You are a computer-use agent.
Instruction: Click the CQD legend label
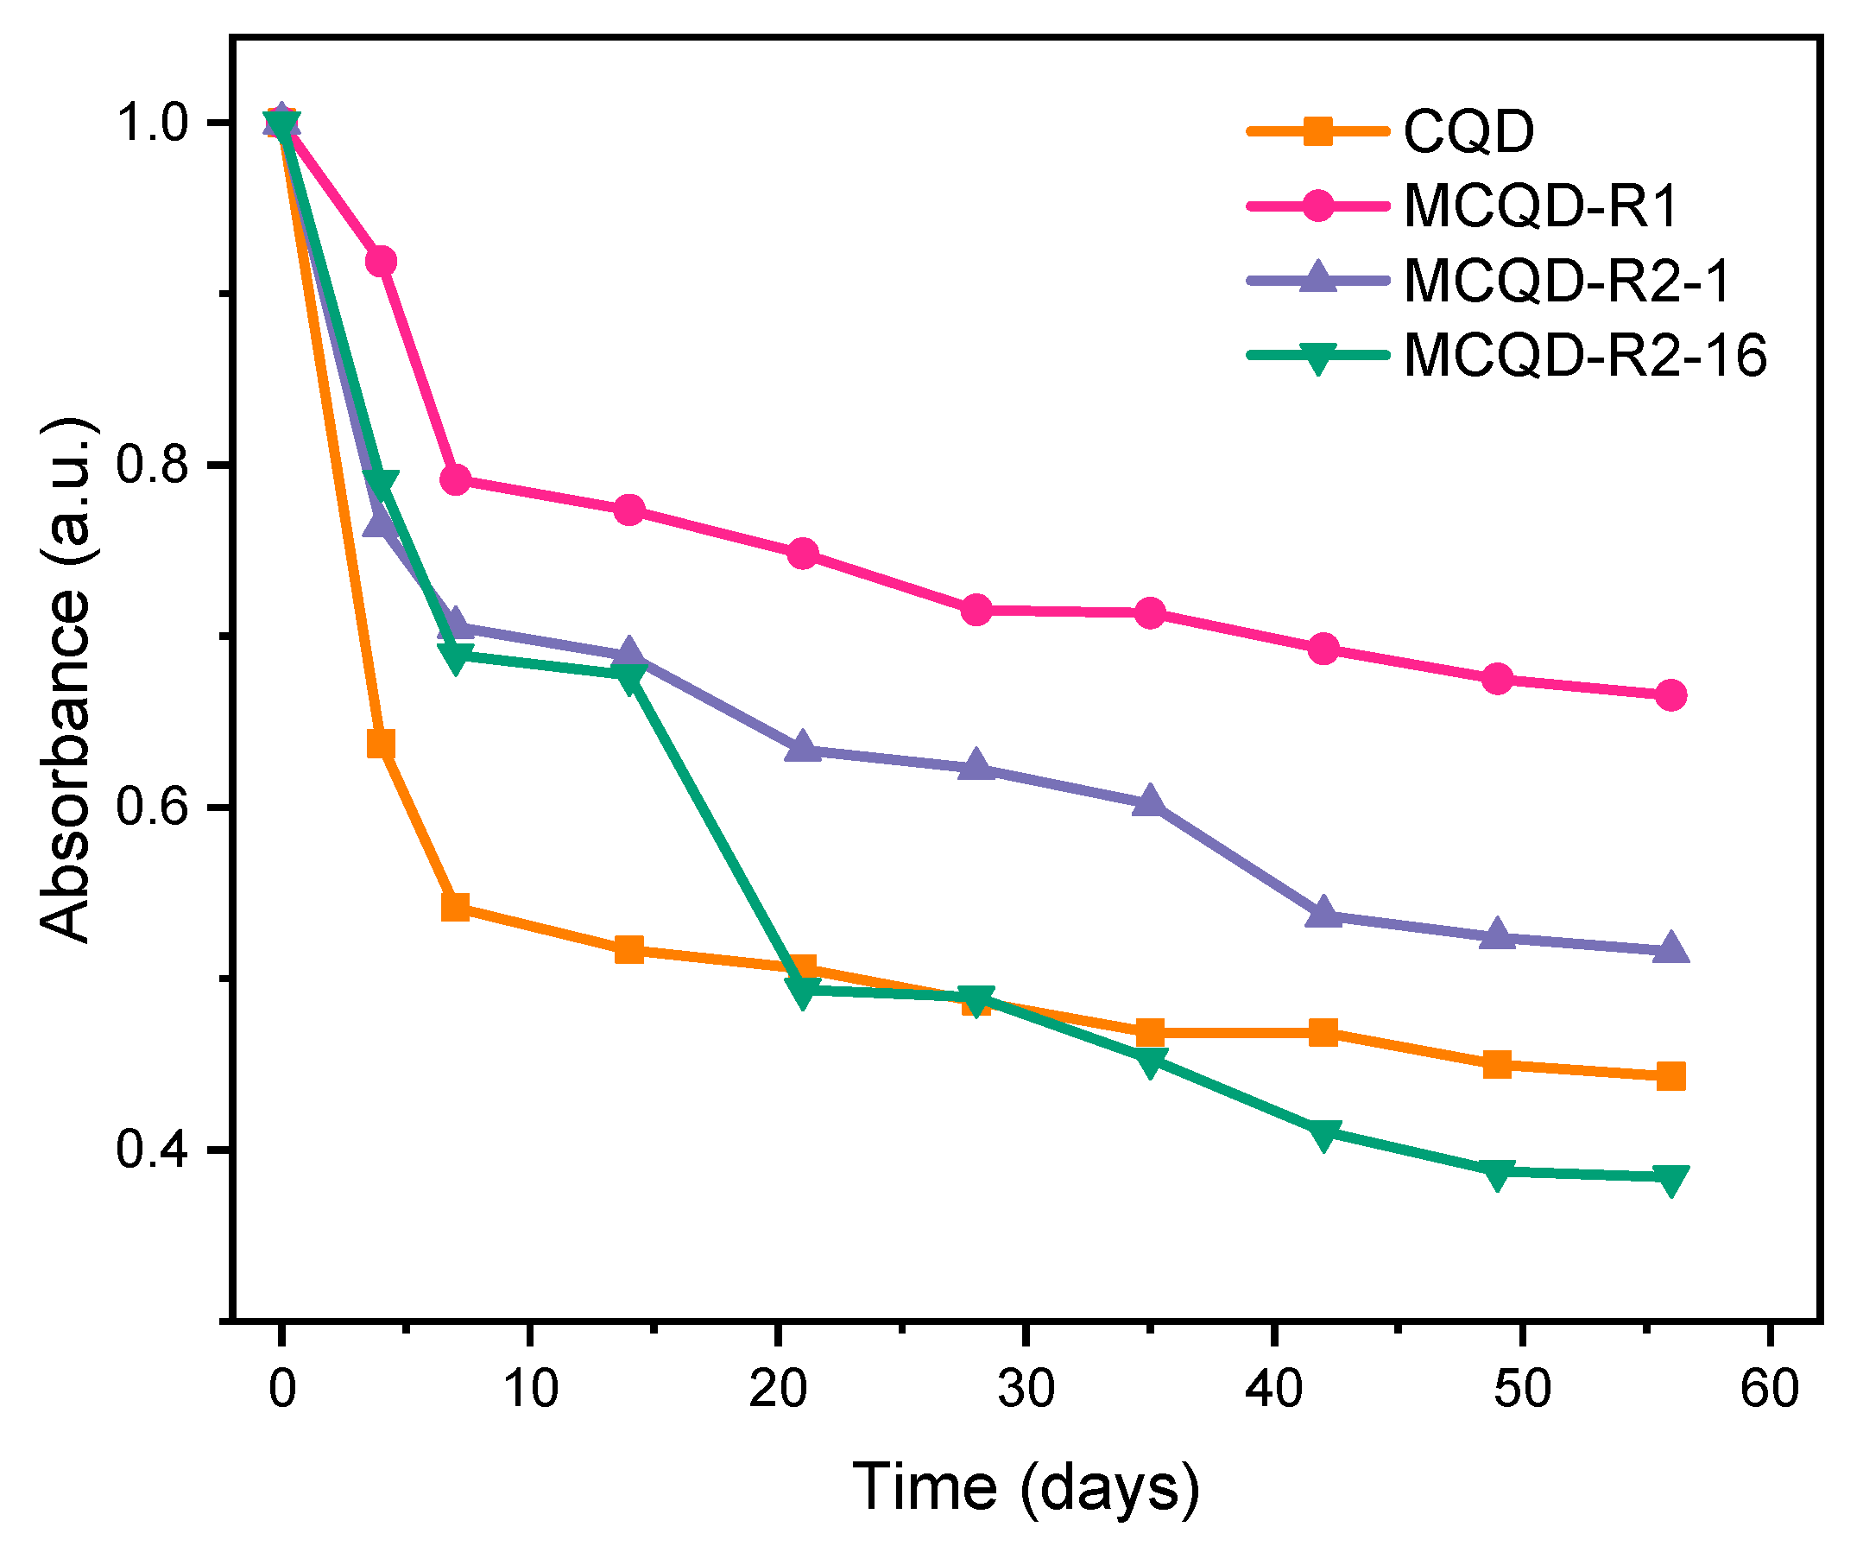[1468, 131]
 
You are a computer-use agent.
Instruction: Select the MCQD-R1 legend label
[1542, 206]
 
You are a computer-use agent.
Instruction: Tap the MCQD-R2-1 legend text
[1567, 281]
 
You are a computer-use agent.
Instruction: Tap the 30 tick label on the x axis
[1026, 1389]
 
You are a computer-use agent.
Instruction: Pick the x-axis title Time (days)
[1026, 1486]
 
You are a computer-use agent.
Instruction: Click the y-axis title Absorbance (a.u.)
[66, 679]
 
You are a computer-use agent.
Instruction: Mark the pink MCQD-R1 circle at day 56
[1670, 696]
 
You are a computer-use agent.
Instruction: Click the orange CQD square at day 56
[1670, 1076]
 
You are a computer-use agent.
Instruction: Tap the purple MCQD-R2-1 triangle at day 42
[1323, 912]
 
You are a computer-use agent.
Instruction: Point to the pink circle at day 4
[381, 262]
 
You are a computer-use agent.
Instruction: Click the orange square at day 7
[455, 907]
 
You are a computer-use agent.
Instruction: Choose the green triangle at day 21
[802, 992]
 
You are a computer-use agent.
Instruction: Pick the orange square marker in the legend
[1318, 131]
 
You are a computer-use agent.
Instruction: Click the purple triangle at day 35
[1150, 802]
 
